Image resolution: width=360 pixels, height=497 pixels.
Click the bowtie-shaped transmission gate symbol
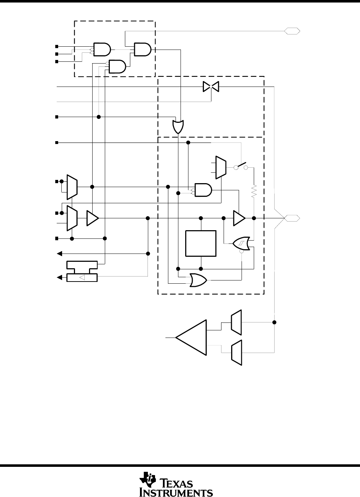pyautogui.click(x=211, y=87)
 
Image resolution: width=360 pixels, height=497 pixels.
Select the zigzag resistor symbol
pyautogui.click(x=254, y=191)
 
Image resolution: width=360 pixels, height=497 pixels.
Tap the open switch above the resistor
pyautogui.click(x=241, y=166)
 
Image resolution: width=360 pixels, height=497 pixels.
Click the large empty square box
pyautogui.click(x=201, y=243)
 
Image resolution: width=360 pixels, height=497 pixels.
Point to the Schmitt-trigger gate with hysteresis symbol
pyautogui.click(x=241, y=243)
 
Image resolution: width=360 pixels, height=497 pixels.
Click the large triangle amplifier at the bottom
pyautogui.click(x=191, y=338)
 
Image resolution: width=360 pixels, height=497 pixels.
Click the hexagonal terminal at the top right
pyautogui.click(x=292, y=31)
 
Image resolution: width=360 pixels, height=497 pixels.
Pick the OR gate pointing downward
pyautogui.click(x=178, y=127)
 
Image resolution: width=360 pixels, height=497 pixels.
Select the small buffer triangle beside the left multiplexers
pyautogui.click(x=93, y=218)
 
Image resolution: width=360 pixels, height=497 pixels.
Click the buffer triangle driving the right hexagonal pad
pyautogui.click(x=239, y=218)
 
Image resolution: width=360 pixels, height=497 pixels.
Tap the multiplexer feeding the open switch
pyautogui.click(x=221, y=167)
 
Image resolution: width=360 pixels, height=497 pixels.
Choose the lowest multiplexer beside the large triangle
pyautogui.click(x=237, y=352)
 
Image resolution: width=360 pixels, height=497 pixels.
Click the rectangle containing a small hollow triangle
pyautogui.click(x=82, y=278)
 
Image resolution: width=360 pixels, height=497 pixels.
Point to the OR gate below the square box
pyautogui.click(x=198, y=280)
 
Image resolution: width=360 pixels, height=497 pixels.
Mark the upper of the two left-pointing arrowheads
pyautogui.click(x=60, y=254)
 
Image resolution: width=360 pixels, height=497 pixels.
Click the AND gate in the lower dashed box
pyautogui.click(x=203, y=190)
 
